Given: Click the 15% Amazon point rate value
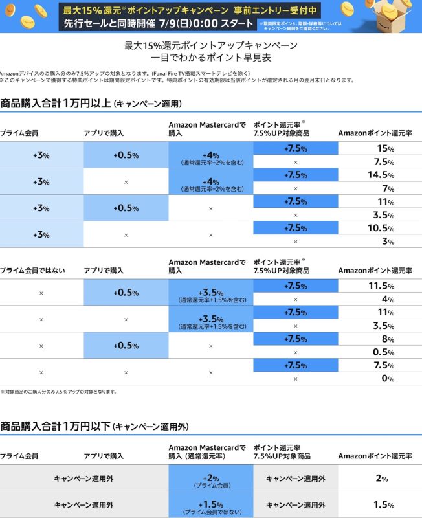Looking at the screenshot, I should pos(385,148).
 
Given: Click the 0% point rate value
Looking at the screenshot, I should pos(388,379).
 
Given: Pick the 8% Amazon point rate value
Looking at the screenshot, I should pos(388,339).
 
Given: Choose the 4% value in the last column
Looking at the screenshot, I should pos(388,300).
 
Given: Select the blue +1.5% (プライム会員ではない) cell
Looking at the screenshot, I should pos(210,505).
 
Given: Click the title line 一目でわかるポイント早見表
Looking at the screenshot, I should pos(211,58).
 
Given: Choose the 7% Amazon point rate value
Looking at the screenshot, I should pos(388,188).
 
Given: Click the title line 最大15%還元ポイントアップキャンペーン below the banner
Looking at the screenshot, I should pos(211,45).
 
